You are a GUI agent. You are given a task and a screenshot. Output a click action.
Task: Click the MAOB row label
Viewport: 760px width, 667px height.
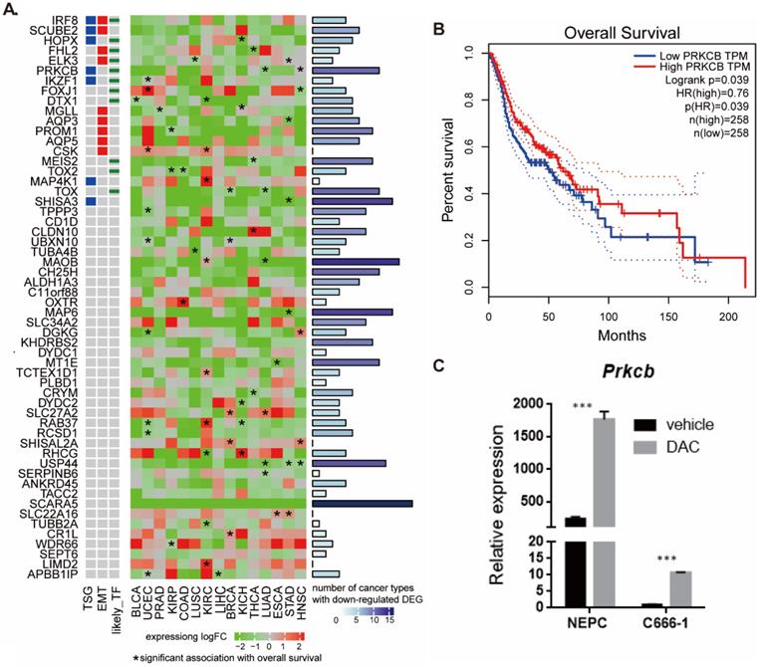pyautogui.click(x=62, y=262)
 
